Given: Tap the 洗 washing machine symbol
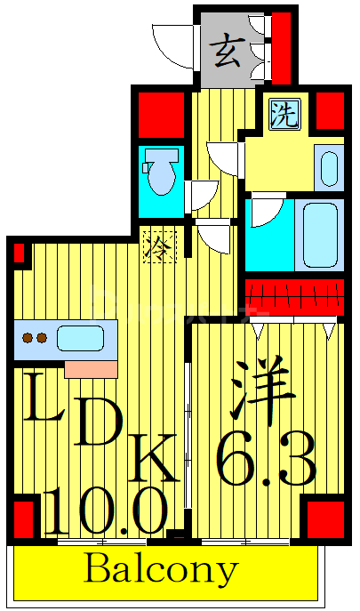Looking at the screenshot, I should (284, 114).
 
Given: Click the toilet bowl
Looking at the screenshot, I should (163, 173).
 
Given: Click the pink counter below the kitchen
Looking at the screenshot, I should (89, 368).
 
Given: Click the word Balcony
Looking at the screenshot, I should (162, 569).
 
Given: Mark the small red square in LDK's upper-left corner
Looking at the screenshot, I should (19, 252).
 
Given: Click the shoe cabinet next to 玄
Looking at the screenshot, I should (260, 44).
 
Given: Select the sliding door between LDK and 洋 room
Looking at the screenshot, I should (188, 427).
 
